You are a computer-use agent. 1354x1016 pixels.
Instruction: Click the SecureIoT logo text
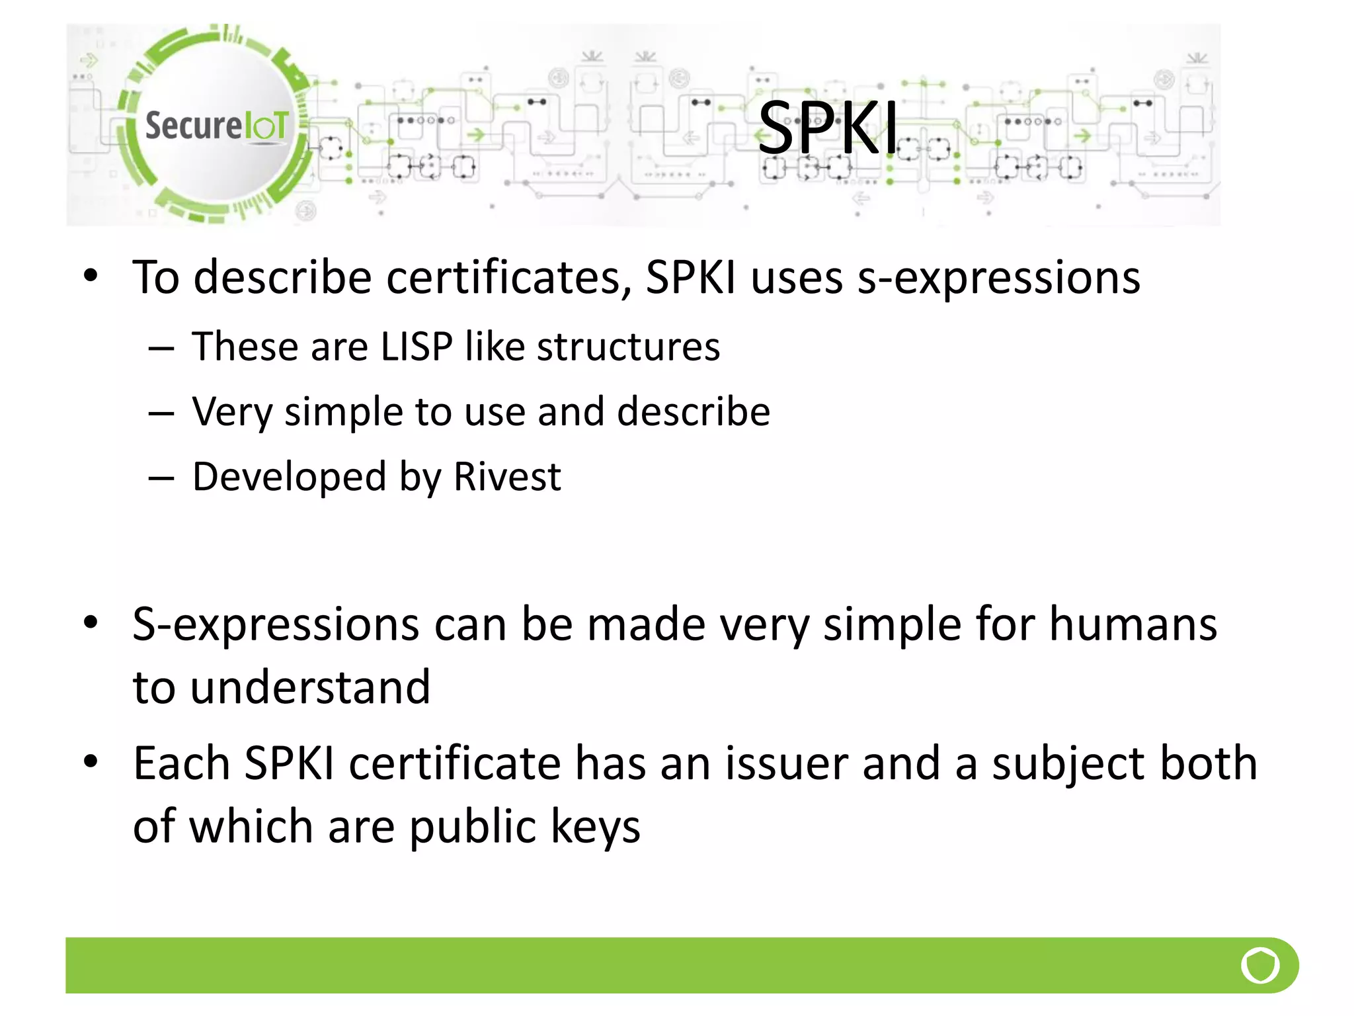click(x=217, y=126)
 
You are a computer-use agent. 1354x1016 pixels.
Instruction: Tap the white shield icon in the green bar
click(x=1260, y=966)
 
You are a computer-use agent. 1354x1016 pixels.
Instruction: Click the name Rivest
click(x=507, y=477)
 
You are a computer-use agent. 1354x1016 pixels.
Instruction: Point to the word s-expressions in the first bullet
click(x=998, y=278)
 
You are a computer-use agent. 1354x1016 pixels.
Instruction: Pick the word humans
click(x=1133, y=625)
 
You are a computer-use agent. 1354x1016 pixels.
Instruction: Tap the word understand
click(x=310, y=688)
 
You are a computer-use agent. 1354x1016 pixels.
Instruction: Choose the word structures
click(x=628, y=347)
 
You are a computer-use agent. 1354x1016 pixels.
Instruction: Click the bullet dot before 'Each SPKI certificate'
click(x=91, y=761)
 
